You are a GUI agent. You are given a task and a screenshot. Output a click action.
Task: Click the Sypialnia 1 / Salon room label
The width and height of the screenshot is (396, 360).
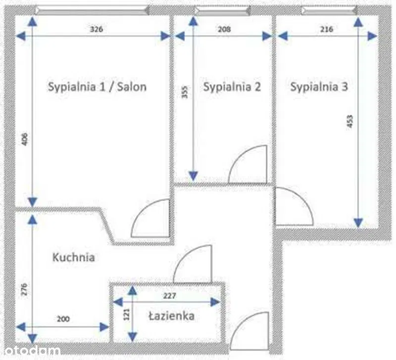pyautogui.click(x=97, y=87)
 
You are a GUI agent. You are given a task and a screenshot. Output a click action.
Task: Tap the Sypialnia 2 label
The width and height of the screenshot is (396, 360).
pyautogui.click(x=232, y=87)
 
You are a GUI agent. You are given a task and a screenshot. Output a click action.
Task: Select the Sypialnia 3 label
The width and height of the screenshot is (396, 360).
pyautogui.click(x=319, y=87)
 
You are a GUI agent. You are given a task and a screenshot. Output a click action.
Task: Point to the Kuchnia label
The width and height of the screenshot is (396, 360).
pyautogui.click(x=73, y=257)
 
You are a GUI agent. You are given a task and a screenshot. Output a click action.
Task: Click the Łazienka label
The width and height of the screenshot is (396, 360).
pyautogui.click(x=171, y=316)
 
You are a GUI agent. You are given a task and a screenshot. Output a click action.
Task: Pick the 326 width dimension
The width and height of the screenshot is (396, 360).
pyautogui.click(x=97, y=29)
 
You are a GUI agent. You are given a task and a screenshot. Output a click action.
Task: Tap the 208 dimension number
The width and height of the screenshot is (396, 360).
pyautogui.click(x=224, y=29)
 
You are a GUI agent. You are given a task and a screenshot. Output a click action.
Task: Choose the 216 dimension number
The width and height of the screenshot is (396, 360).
pyautogui.click(x=327, y=29)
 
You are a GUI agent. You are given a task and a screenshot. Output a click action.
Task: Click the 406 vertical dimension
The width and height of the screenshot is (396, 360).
pyautogui.click(x=25, y=139)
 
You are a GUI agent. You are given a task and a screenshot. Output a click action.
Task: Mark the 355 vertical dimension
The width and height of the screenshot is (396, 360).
pyautogui.click(x=185, y=92)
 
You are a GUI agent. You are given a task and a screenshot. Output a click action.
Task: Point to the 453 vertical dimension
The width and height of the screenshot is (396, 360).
pyautogui.click(x=350, y=121)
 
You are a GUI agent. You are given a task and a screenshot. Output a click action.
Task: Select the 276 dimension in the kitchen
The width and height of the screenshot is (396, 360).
pyautogui.click(x=24, y=289)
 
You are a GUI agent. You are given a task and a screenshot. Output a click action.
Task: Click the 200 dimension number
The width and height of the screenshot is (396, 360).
pyautogui.click(x=63, y=319)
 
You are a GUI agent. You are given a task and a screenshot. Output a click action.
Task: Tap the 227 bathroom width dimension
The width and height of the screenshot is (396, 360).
pyautogui.click(x=169, y=296)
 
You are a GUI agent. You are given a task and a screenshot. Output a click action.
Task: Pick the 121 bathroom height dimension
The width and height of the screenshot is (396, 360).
pyautogui.click(x=127, y=315)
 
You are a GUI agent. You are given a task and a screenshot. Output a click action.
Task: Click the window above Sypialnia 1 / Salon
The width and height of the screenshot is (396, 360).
pyautogui.click(x=93, y=10)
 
